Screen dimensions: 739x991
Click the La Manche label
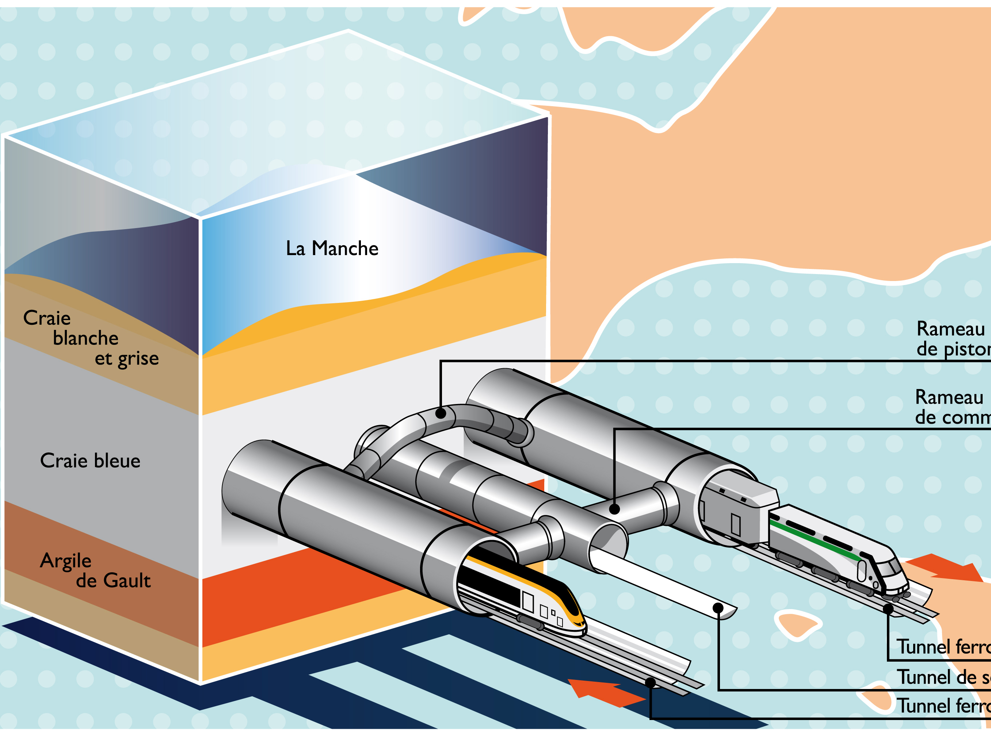[332, 249]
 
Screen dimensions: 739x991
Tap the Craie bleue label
[90, 461]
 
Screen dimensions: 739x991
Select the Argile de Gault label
[95, 570]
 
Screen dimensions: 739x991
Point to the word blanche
[85, 338]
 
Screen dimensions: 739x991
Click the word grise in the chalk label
[138, 359]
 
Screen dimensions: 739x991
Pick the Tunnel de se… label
[943, 677]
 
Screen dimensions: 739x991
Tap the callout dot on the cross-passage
[614, 509]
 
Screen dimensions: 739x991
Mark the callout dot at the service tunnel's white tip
[718, 608]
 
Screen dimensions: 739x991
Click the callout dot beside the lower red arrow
[651, 683]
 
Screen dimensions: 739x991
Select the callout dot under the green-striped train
[888, 608]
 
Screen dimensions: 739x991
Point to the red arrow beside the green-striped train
[945, 569]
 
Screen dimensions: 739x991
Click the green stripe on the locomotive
[815, 541]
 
